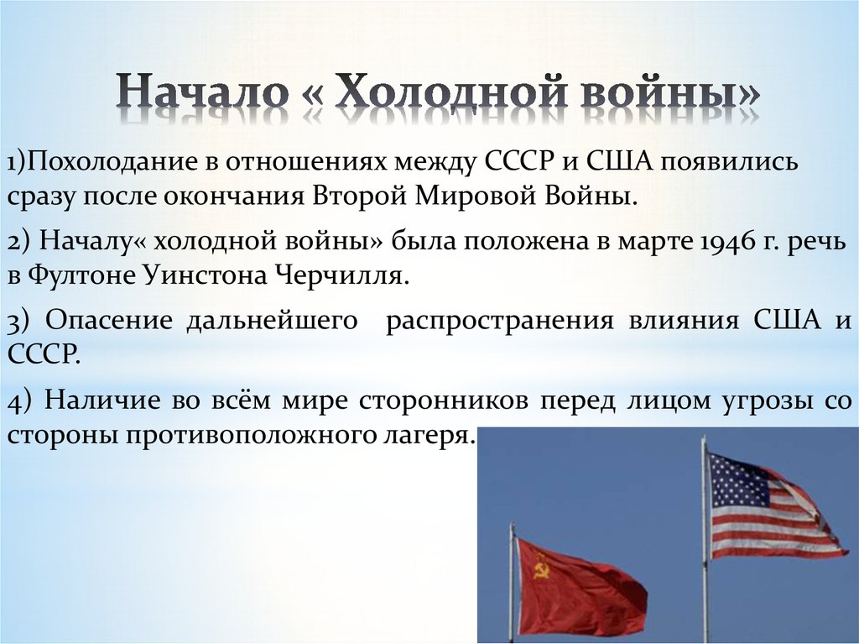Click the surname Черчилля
341,276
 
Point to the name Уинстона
206,276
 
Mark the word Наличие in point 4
102,401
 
